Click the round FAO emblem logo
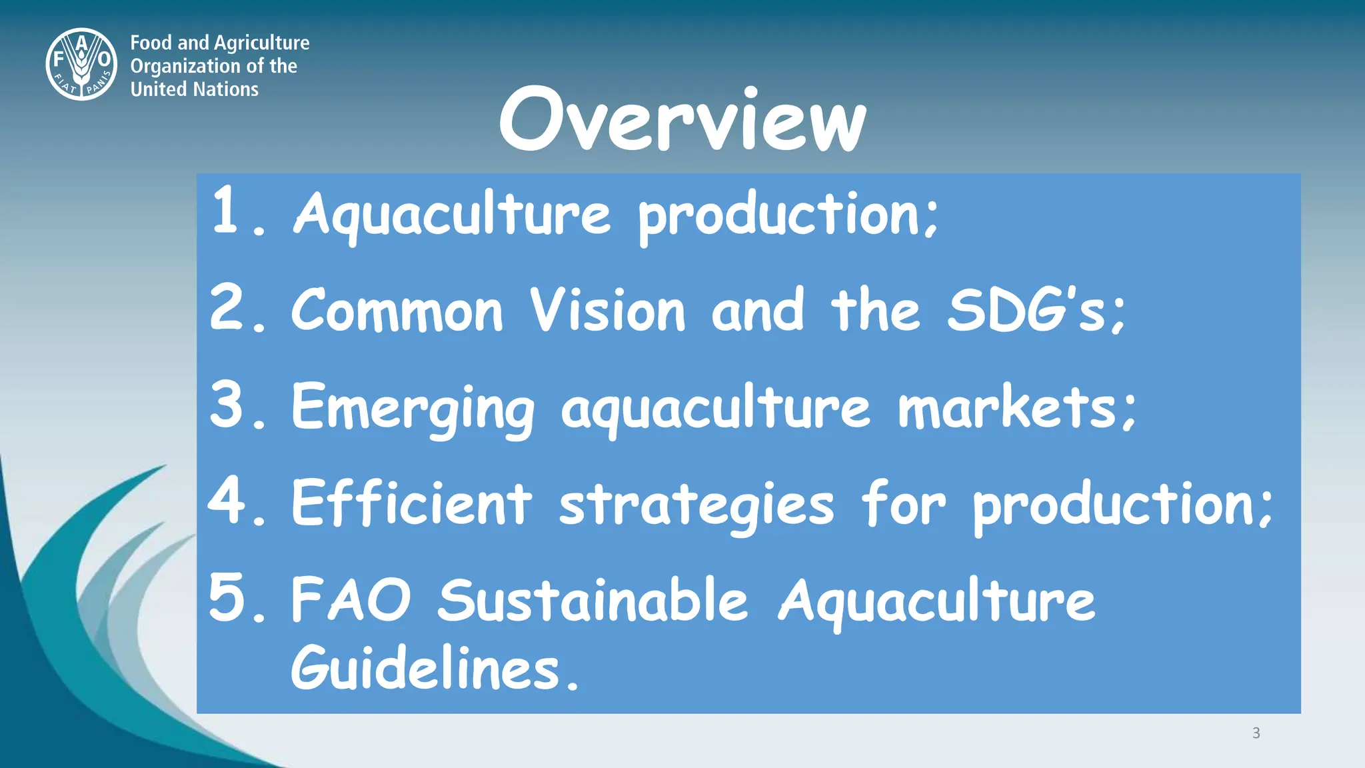[81, 65]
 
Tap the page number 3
[1256, 733]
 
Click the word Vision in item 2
[607, 310]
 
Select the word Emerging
[413, 408]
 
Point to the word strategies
[696, 505]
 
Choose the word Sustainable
[593, 600]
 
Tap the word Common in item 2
[397, 311]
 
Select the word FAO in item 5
[351, 600]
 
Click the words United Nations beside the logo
[194, 89]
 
